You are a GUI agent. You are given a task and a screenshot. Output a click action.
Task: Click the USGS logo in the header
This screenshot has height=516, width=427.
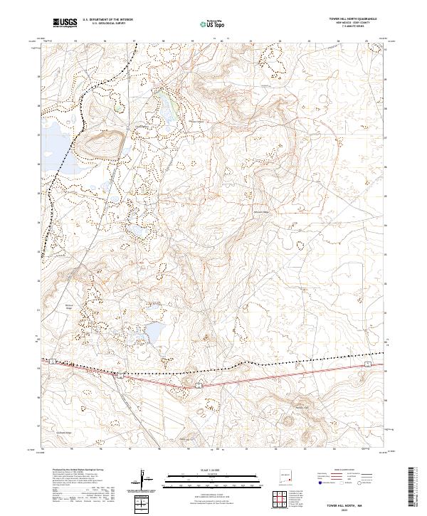coord(65,23)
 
